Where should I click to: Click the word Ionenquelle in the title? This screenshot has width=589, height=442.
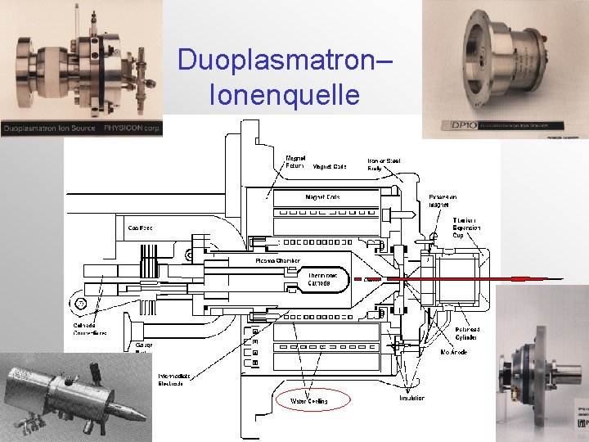pyautogui.click(x=284, y=95)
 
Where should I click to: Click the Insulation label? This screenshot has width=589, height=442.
pyautogui.click(x=412, y=398)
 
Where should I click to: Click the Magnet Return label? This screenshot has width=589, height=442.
pyautogui.click(x=294, y=162)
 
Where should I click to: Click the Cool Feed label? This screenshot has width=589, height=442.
pyautogui.click(x=140, y=227)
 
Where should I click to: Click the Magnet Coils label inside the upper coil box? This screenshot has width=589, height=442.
pyautogui.click(x=322, y=197)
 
